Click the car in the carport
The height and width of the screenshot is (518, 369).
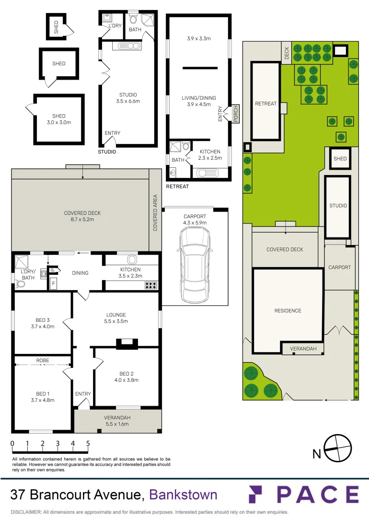[195, 264]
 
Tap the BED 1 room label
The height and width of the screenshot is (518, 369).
[42, 394]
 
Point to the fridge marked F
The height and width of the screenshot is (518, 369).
[54, 283]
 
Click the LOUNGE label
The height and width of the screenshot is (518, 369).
[116, 315]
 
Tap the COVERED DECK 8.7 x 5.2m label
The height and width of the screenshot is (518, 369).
[82, 216]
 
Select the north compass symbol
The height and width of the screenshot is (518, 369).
[337, 449]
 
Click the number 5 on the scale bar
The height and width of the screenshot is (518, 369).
[88, 443]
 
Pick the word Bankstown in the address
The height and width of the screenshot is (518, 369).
[184, 494]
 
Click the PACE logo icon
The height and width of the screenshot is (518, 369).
[262, 494]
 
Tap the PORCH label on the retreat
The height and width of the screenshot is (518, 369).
[236, 114]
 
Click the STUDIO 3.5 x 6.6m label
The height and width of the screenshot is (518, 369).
[128, 98]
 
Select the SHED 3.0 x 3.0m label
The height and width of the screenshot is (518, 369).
[58, 119]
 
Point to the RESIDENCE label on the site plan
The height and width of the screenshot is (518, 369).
[288, 310]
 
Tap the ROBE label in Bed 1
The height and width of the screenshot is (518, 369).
[43, 360]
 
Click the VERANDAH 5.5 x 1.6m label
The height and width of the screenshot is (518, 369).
[117, 421]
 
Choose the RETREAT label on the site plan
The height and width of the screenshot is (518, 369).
[265, 104]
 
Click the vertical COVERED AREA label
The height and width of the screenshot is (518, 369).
[155, 212]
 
